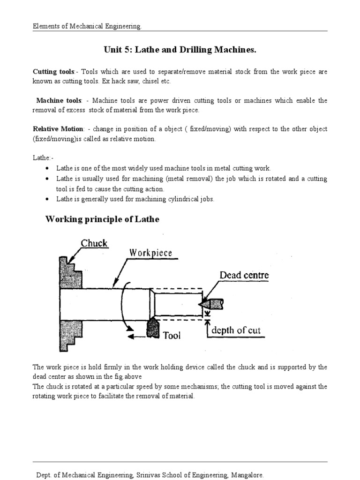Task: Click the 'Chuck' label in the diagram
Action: pos(94,243)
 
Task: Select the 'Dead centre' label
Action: pos(244,275)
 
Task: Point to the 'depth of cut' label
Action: pos(236,330)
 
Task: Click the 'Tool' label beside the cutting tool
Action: pos(172,335)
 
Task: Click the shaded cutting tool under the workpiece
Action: pos(153,328)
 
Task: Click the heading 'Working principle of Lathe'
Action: pos(102,219)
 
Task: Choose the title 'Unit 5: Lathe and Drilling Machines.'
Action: pos(180,50)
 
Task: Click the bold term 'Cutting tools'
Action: pos(53,72)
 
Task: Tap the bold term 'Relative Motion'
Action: pos(58,129)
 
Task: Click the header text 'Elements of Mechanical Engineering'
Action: pos(87,27)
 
